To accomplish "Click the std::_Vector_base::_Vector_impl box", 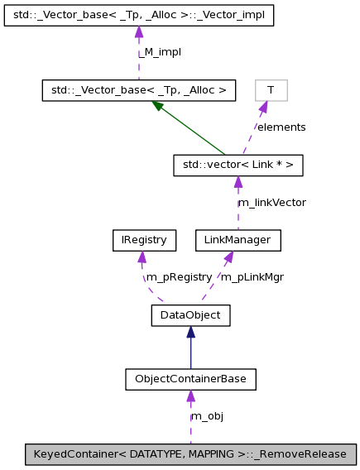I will pos(138,15).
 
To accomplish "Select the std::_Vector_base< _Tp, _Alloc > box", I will pos(139,89).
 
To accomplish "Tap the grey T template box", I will pos(271,89).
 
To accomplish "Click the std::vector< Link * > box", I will pos(238,165).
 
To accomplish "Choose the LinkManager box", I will pos(238,240).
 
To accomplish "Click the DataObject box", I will pos(190,314).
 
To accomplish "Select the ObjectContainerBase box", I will pos(190,379).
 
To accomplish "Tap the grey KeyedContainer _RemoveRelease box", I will pos(191,453).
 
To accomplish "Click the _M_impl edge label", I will pos(159,52).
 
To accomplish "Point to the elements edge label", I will pos(281,127).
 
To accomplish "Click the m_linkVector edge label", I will pos(271,203).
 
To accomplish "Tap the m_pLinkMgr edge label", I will pos(252,277).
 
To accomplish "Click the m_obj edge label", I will pos(207,416).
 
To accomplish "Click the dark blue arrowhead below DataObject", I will pos(190,332).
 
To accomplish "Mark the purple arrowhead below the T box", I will pos(263,107).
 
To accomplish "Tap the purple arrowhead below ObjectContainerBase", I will pos(190,396).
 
